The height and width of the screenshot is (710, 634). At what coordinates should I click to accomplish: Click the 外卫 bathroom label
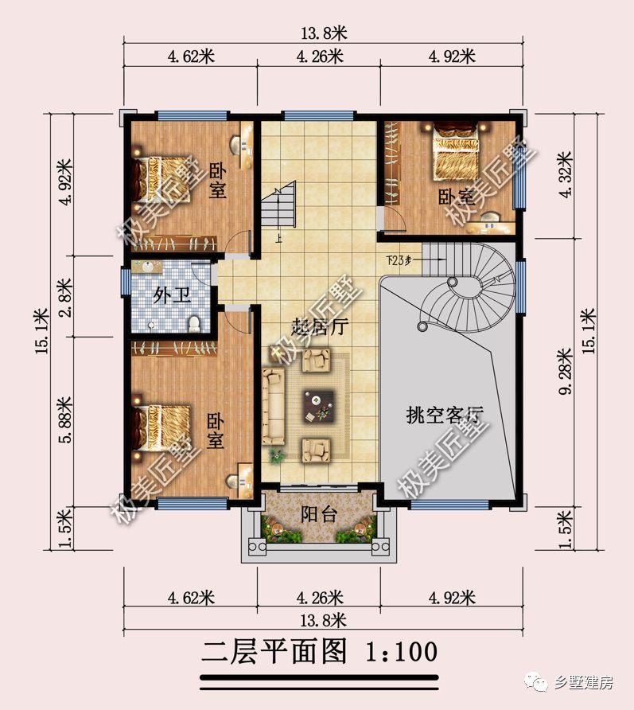(x=172, y=297)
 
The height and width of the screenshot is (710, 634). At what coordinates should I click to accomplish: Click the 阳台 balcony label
(x=318, y=514)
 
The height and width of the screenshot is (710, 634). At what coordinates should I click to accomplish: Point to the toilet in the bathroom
(x=193, y=322)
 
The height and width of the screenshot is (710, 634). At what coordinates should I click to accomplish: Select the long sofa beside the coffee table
(x=274, y=405)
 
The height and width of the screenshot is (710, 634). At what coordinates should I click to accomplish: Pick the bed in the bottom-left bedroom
(x=162, y=426)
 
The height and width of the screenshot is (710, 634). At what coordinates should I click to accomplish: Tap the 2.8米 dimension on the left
(x=65, y=297)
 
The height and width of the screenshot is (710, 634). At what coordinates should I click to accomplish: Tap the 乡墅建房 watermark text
(x=586, y=682)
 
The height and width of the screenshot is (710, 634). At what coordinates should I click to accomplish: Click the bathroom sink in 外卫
(x=148, y=268)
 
